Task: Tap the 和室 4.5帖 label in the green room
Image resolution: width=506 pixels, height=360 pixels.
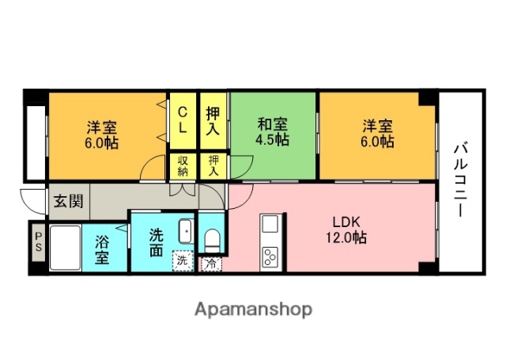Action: [273, 132]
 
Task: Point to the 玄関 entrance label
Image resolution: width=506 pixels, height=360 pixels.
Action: [67, 201]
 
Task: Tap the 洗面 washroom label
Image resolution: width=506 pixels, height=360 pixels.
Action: [156, 241]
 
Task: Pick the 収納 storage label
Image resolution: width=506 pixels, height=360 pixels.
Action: [182, 166]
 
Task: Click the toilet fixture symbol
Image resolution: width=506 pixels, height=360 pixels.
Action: [212, 238]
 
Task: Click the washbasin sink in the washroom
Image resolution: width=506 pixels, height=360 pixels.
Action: [184, 231]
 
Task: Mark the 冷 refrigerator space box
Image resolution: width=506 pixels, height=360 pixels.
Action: [211, 264]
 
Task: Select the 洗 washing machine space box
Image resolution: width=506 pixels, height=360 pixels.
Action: [183, 259]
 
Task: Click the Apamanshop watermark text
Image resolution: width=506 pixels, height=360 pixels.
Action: [253, 309]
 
